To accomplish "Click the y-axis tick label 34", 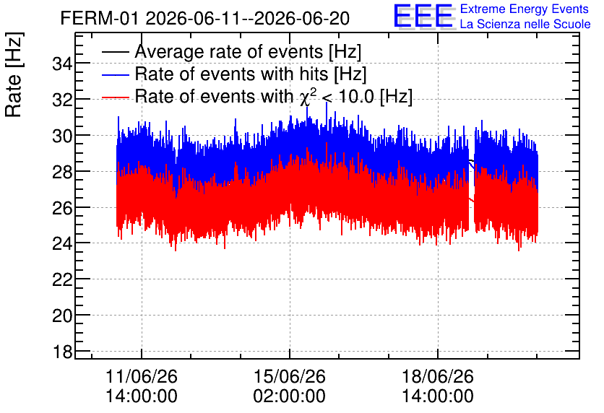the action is [x=62, y=64].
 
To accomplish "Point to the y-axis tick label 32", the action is [x=62, y=100].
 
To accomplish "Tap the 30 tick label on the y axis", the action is [x=62, y=136].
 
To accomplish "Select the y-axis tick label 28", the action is [x=62, y=172].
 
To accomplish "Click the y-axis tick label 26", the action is [x=62, y=208].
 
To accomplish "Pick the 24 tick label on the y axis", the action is [x=62, y=244].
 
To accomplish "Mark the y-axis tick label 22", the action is [x=62, y=280].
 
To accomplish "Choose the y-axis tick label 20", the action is [x=62, y=316].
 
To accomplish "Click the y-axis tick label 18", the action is [x=62, y=352].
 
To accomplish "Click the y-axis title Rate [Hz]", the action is [x=14, y=74].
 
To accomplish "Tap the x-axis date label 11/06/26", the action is [x=142, y=376].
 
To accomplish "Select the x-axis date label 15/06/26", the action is [x=289, y=376].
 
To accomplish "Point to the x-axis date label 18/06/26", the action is [x=438, y=376].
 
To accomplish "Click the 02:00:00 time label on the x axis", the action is [x=289, y=396].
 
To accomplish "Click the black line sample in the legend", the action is [x=115, y=52].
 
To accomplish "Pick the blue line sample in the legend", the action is [x=115, y=74].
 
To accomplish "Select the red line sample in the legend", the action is [x=115, y=97].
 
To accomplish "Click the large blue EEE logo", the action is [x=424, y=16].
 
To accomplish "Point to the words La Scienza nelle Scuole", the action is [x=525, y=25].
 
